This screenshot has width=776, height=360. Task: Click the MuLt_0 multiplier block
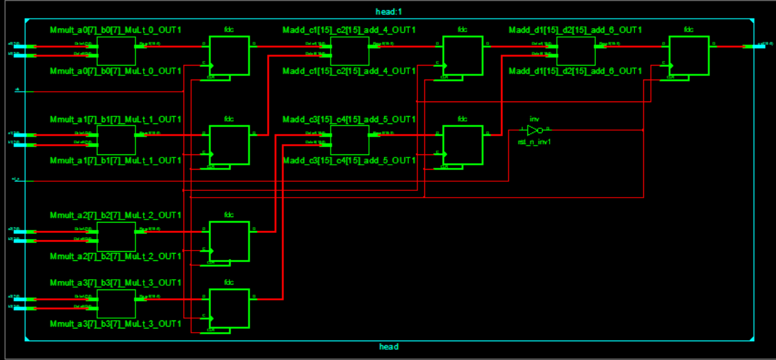(116, 50)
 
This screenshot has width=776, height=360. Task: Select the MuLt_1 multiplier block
(116, 140)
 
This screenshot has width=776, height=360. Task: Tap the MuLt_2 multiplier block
(116, 236)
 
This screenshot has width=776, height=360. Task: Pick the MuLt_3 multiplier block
(116, 303)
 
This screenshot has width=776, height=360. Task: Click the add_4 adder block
(349, 50)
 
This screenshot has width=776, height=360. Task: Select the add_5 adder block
(349, 140)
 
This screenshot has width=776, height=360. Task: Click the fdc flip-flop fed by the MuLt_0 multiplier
(229, 56)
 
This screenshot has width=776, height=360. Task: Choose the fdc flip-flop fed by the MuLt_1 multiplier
(229, 145)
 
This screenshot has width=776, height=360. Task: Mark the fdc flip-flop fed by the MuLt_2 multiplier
(229, 241)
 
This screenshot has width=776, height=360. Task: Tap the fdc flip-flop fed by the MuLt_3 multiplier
(229, 308)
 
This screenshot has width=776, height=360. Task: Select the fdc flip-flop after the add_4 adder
(462, 56)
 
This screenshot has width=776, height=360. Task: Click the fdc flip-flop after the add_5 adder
(462, 145)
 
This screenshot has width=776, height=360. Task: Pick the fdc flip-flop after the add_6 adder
(688, 56)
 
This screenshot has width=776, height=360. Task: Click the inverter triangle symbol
(533, 130)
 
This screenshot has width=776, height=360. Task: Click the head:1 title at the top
(388, 12)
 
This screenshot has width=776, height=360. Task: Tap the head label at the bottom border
(389, 347)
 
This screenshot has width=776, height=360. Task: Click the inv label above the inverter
(533, 120)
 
